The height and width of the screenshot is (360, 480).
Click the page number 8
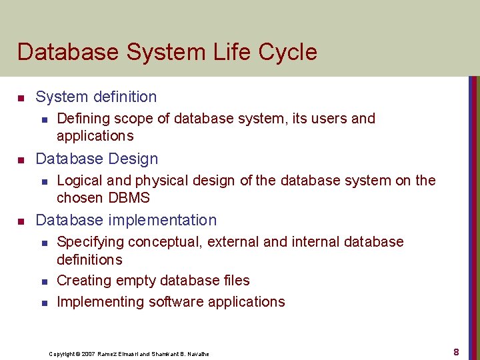[x=456, y=351]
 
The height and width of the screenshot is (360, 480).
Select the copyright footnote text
[x=129, y=353]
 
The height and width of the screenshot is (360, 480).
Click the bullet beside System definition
[x=21, y=98]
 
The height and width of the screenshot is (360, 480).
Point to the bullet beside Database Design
[x=21, y=160]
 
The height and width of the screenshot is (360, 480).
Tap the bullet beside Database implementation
[x=21, y=221]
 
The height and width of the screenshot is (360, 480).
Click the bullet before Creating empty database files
[x=43, y=282]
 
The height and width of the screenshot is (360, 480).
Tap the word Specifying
[x=90, y=241]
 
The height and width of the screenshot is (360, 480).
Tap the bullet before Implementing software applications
[x=43, y=303]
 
